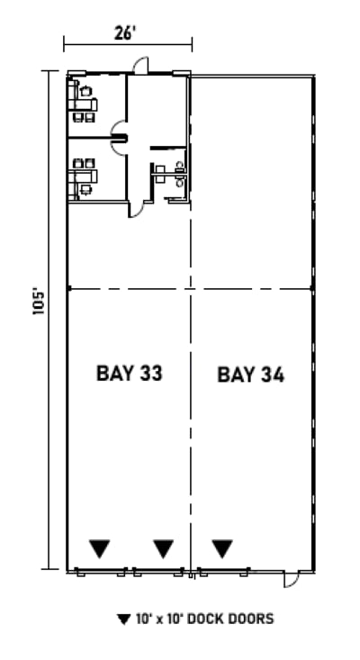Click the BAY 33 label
[129, 374]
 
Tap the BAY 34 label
[251, 375]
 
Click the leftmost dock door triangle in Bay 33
[99, 547]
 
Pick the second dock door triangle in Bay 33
[163, 547]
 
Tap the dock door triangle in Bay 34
[222, 547]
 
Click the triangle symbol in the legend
[123, 619]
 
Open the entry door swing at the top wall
[140, 66]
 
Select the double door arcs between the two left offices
[118, 138]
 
